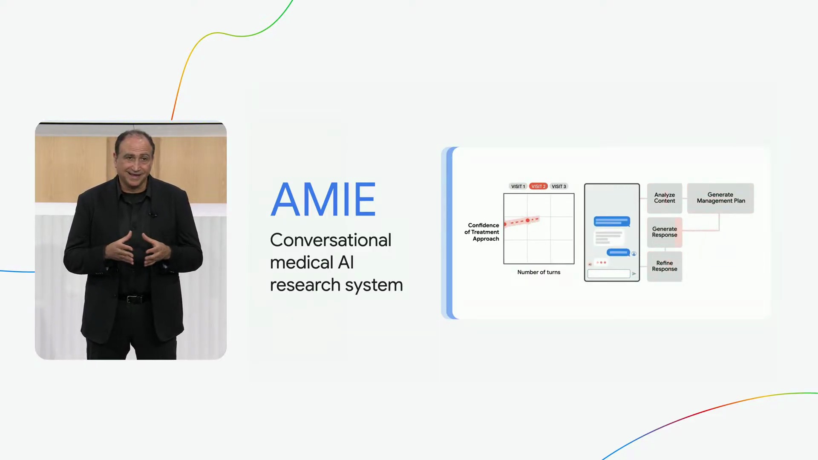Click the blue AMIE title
(x=323, y=199)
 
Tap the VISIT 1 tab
(x=518, y=187)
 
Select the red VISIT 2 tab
(x=539, y=187)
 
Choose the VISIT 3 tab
(x=559, y=187)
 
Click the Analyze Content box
(x=665, y=198)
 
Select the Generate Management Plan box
(x=720, y=198)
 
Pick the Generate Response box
(x=665, y=232)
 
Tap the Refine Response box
(x=665, y=266)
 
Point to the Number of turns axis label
(x=539, y=272)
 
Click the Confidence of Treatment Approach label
(x=482, y=232)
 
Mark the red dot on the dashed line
(x=527, y=221)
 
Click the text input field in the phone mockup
(x=609, y=273)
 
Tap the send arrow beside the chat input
(x=634, y=274)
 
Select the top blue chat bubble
(x=612, y=221)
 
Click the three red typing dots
(x=601, y=262)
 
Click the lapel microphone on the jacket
(x=152, y=215)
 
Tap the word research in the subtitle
(x=305, y=285)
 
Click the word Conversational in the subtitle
(x=331, y=240)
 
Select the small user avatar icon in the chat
(x=634, y=254)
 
